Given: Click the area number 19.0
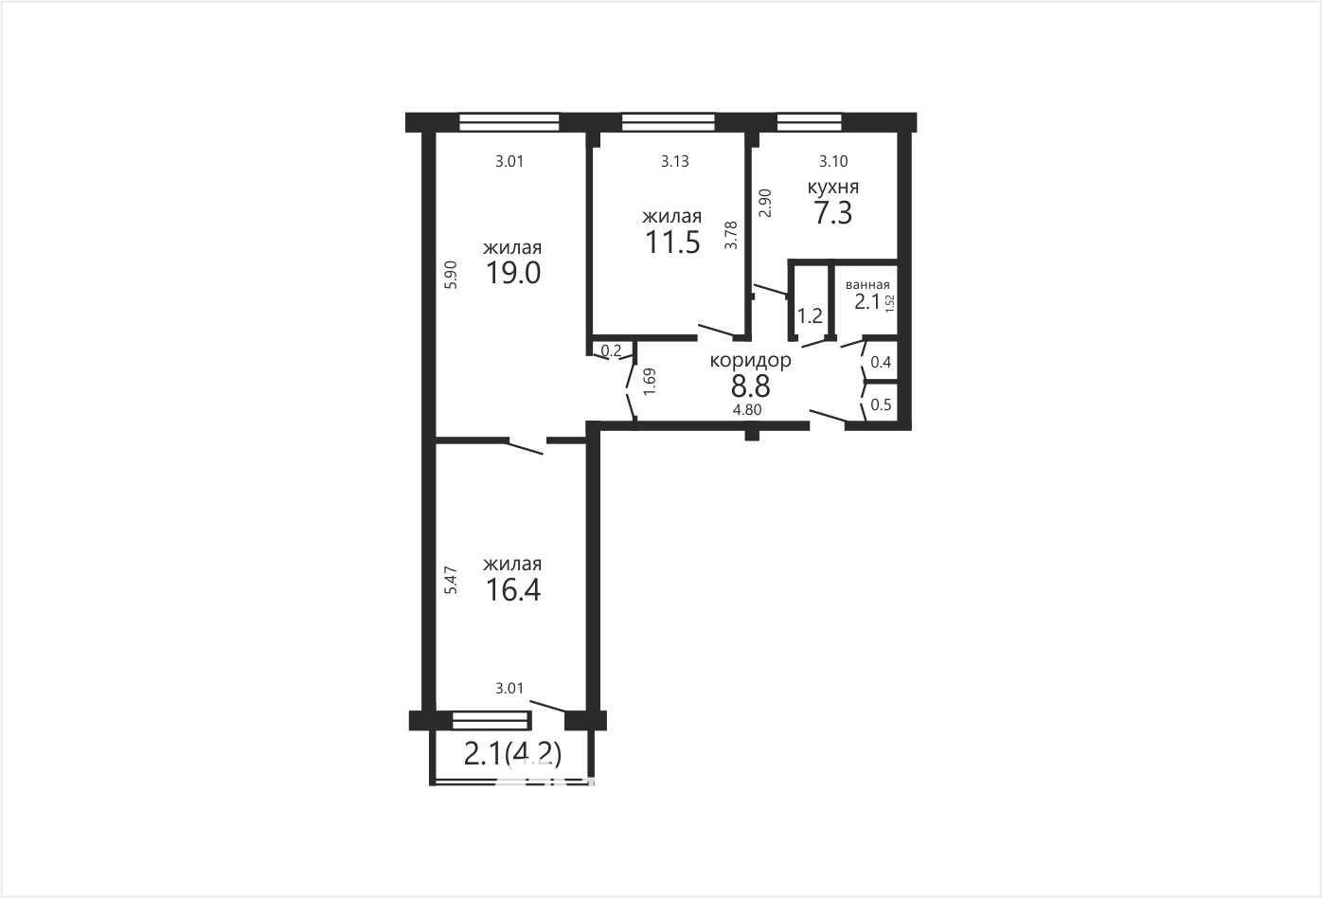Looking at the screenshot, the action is (513, 274).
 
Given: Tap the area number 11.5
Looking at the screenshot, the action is (672, 242).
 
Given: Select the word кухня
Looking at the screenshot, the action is (832, 188).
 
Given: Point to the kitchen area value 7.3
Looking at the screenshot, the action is (833, 213).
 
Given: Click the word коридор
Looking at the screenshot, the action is (750, 361).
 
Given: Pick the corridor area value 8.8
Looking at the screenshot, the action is (751, 387).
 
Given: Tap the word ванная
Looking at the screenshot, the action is (867, 285).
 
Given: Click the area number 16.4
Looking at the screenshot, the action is (513, 590).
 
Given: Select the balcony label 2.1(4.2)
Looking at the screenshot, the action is (512, 754).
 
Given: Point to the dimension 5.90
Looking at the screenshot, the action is (451, 275).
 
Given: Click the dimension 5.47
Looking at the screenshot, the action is (451, 580).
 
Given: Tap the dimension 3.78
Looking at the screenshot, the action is (731, 235).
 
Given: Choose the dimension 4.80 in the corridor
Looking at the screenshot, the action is (747, 410).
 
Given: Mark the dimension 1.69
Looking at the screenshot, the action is (650, 382).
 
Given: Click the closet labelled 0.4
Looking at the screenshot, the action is (881, 362).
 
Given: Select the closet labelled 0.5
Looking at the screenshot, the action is (881, 405).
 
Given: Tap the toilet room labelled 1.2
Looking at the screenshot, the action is (810, 316).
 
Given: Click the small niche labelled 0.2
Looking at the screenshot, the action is (611, 350).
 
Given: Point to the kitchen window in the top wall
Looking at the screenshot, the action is (809, 122).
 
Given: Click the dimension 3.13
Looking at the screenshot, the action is (674, 161).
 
